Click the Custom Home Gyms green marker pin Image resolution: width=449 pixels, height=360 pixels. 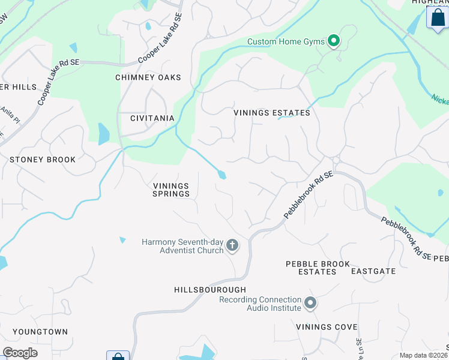pos(334,41)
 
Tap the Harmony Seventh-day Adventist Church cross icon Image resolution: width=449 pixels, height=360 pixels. pos(232,245)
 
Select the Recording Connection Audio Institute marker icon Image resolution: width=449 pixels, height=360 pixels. pos(310,303)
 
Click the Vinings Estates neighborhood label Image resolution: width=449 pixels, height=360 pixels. pos(272,113)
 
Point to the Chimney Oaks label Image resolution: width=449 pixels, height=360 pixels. pos(148,77)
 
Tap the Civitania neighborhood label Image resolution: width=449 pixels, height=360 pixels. pos(152,118)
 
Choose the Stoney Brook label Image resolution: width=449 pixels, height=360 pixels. pos(43,160)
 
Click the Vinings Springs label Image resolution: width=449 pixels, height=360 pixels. pos(171,190)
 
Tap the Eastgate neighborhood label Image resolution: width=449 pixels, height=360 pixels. pos(373,271)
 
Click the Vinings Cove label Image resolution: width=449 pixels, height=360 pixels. pos(327,327)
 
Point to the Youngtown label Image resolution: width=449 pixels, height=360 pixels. pos(40,332)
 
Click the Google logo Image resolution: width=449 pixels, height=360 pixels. pos(20,353)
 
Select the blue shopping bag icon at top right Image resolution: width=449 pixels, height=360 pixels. pos(437,17)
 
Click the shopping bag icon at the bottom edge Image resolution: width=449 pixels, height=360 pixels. pos(118,356)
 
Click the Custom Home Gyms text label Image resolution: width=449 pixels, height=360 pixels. pos(286,41)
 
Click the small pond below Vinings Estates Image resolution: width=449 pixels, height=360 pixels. pos(222,175)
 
